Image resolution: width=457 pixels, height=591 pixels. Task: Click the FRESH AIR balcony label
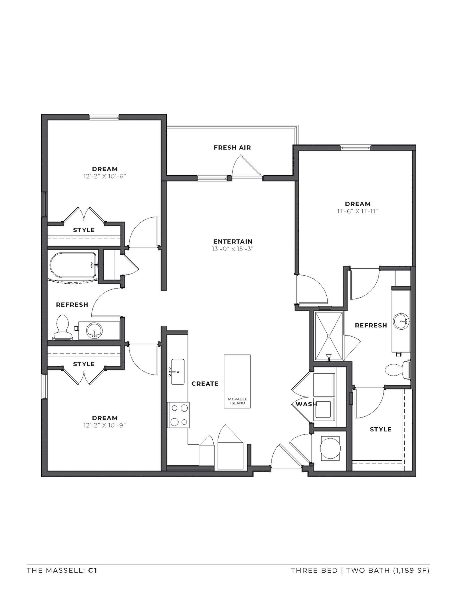(x=232, y=147)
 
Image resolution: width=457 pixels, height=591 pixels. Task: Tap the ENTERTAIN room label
(x=233, y=242)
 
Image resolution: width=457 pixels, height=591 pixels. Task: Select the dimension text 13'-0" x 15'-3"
(x=233, y=249)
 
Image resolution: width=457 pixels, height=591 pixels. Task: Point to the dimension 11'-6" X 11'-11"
(x=357, y=211)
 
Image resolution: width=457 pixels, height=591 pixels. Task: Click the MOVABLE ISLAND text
(x=237, y=401)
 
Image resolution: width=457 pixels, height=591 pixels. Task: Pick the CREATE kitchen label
(x=205, y=383)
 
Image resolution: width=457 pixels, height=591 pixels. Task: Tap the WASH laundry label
(x=306, y=404)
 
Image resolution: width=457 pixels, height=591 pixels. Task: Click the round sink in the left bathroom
(x=94, y=330)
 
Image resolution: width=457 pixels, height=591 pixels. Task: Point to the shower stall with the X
(x=328, y=336)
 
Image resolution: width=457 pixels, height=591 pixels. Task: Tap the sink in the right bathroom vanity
(x=401, y=322)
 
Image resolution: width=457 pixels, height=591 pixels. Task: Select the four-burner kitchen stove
(x=178, y=415)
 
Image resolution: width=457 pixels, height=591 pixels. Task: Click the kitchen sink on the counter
(x=178, y=372)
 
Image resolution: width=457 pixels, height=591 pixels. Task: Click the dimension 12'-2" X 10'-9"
(x=105, y=425)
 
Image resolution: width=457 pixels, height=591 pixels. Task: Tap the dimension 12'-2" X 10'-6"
(x=105, y=176)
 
